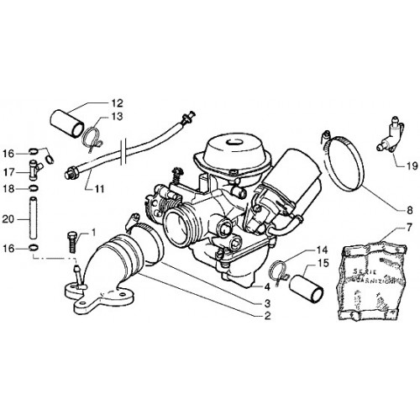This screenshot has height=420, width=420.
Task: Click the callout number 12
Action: [118, 103]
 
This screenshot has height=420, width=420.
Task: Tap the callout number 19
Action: [412, 166]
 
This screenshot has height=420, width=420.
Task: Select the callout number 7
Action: [409, 228]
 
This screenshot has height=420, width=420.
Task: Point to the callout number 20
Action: [8, 219]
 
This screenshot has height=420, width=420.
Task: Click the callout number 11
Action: [99, 189]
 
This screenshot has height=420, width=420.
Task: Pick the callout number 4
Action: [266, 287]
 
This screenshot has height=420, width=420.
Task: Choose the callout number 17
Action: [8, 172]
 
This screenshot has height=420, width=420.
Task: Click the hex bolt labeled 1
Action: [72, 242]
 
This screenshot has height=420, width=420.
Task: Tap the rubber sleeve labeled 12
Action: [67, 124]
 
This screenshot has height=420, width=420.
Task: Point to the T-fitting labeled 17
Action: [35, 170]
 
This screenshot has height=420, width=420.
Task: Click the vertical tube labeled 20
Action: [34, 218]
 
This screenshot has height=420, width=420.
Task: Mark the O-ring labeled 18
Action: [34, 188]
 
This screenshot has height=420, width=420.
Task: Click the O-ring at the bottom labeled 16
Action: [34, 248]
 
